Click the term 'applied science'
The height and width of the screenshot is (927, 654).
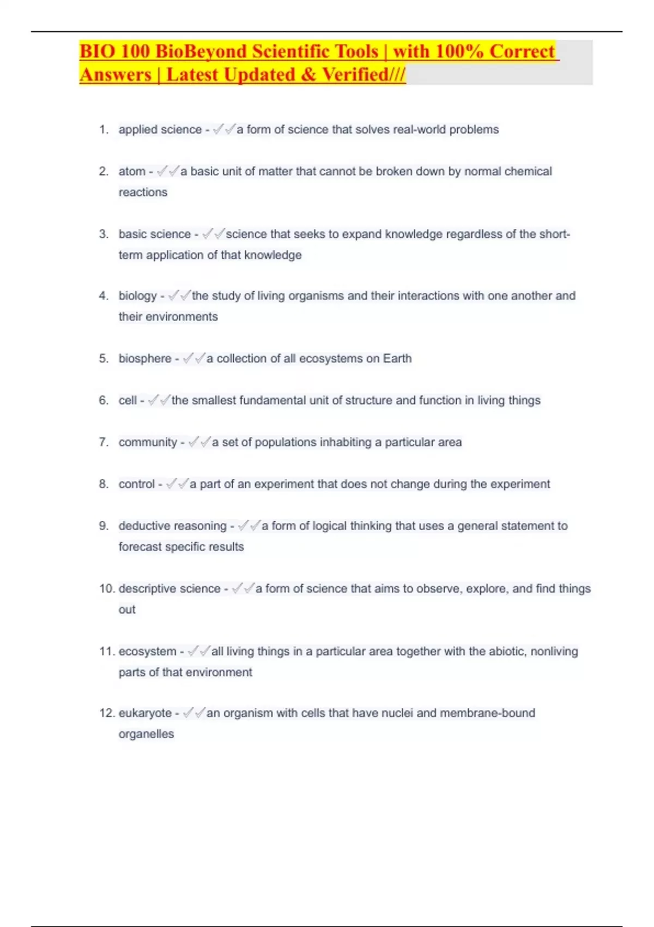(x=160, y=130)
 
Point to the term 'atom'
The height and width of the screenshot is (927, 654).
(x=132, y=172)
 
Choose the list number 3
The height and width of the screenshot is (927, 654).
(x=104, y=234)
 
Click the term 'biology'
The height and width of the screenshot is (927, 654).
(x=137, y=296)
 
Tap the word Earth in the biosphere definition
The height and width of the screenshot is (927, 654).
(x=397, y=359)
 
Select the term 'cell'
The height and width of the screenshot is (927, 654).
(x=128, y=401)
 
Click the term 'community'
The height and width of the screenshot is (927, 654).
(x=148, y=442)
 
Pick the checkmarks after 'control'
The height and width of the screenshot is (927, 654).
(x=177, y=484)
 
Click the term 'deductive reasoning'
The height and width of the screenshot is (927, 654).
(x=172, y=526)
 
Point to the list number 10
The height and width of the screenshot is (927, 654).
(x=106, y=589)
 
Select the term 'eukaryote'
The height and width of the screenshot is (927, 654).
(x=145, y=713)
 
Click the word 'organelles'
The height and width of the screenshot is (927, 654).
(x=146, y=734)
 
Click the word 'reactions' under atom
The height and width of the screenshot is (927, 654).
(x=143, y=192)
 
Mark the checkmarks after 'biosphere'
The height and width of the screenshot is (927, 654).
(x=194, y=359)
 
